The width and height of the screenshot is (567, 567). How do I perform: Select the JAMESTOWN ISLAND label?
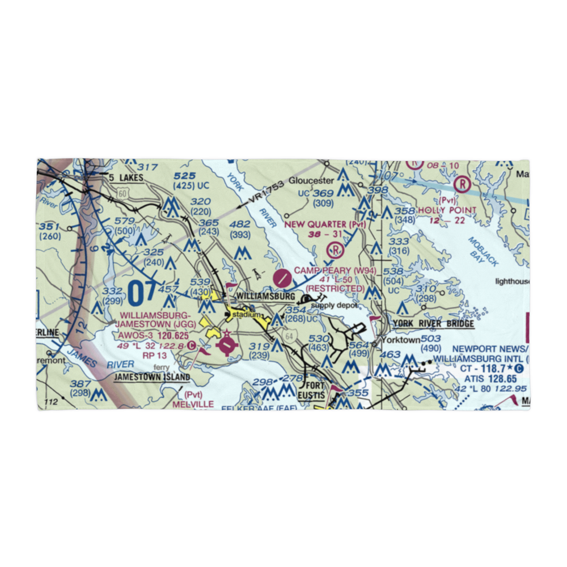click(x=151, y=376)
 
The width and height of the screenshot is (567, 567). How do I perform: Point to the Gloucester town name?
click(x=311, y=181)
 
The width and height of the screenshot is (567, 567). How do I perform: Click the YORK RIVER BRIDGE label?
click(x=433, y=324)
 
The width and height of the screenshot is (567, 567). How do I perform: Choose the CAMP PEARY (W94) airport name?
click(x=335, y=270)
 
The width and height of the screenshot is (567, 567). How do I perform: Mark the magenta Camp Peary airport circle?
click(x=282, y=278)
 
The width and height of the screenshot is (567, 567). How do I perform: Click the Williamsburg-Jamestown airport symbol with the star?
click(x=226, y=343)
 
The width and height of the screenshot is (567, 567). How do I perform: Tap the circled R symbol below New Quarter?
click(x=336, y=248)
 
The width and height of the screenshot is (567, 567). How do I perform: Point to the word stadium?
click(x=249, y=315)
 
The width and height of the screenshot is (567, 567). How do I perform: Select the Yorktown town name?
click(x=400, y=340)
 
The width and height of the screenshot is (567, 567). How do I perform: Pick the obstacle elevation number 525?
click(x=185, y=176)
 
